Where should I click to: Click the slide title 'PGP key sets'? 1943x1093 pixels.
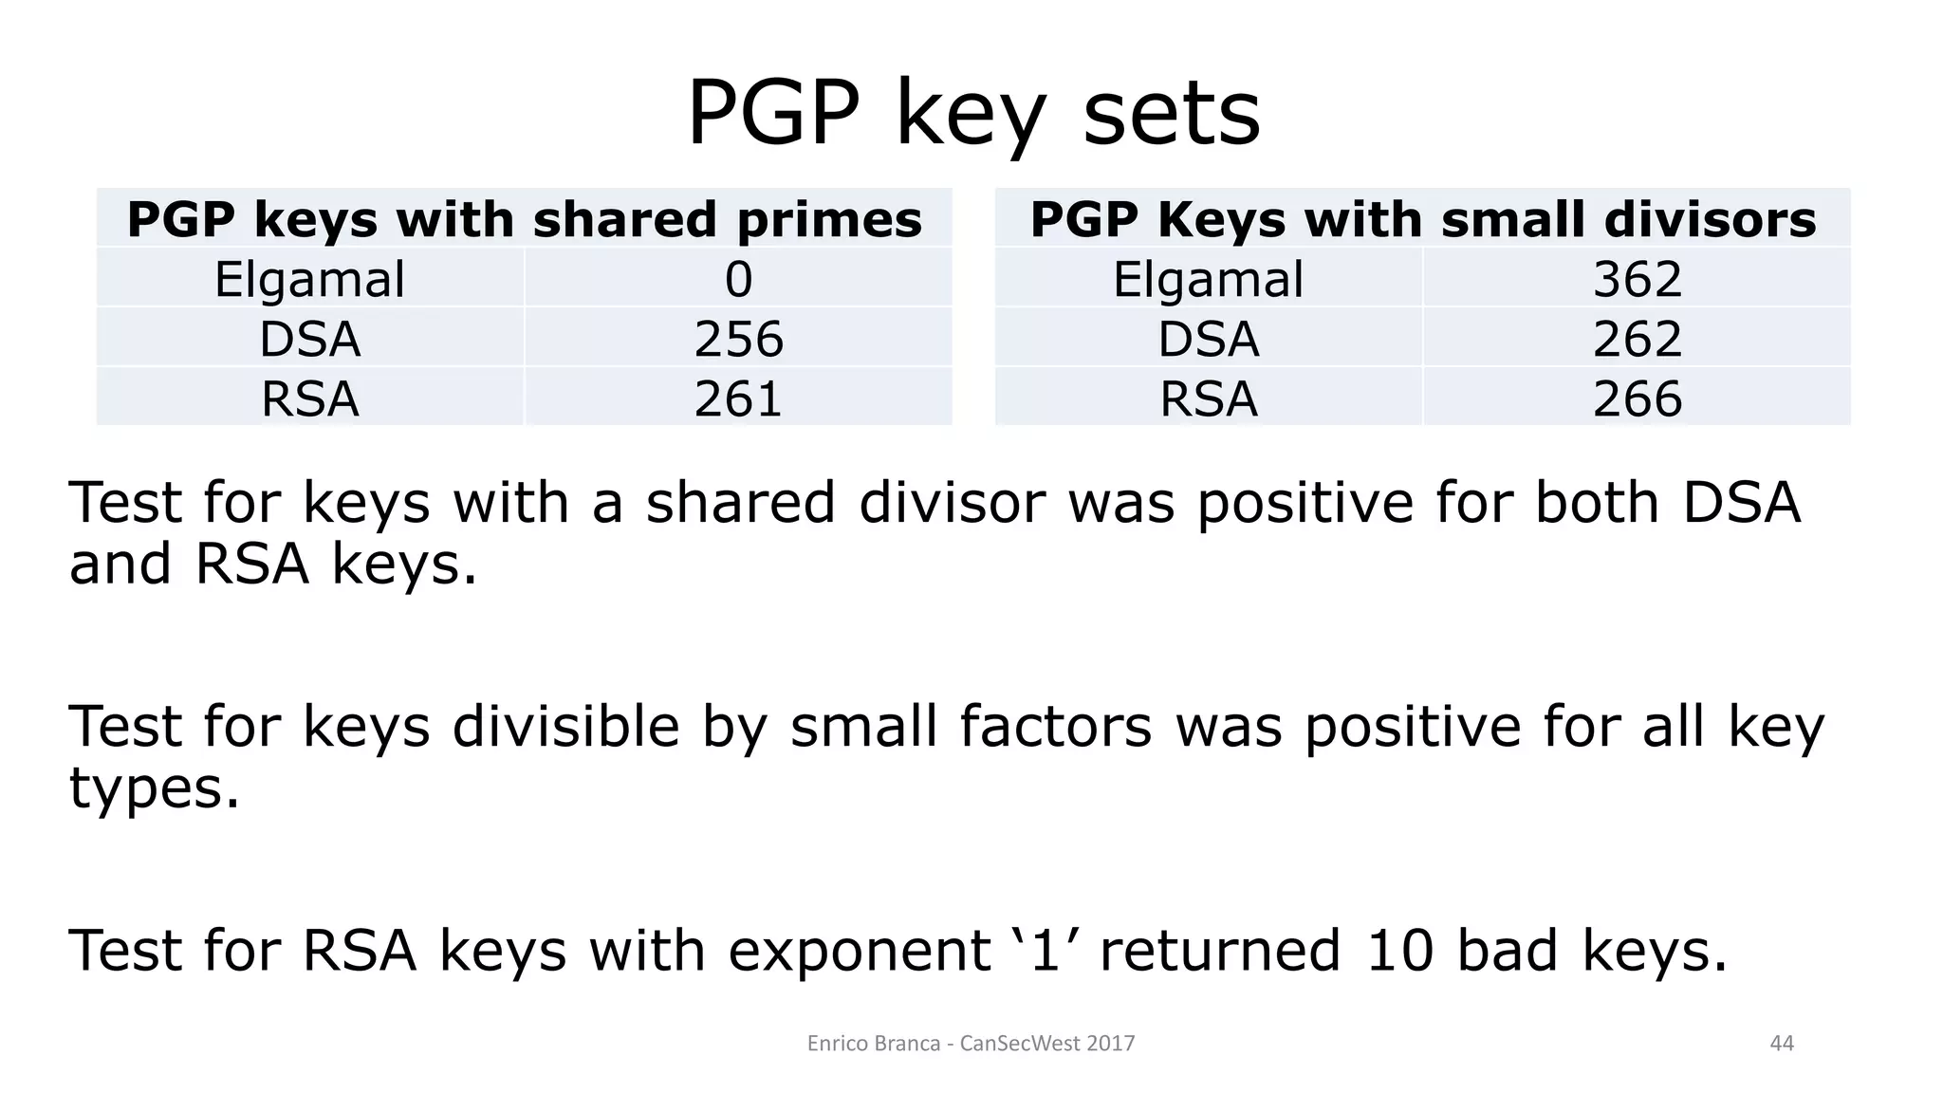coord(973,114)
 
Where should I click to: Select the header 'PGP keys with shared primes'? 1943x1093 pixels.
coord(524,219)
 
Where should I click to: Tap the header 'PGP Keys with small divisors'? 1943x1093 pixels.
coord(1422,219)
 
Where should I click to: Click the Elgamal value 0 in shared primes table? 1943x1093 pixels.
coord(738,279)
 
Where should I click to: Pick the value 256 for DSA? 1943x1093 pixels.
coord(738,339)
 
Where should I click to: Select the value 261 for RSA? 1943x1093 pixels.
coord(738,398)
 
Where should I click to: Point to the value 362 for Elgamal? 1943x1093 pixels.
coord(1637,279)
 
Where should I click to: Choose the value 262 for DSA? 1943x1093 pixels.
coord(1637,339)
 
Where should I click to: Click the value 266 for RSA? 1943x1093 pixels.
coord(1637,398)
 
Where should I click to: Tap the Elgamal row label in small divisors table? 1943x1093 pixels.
coord(1208,279)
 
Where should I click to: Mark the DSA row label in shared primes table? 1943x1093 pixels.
coord(309,339)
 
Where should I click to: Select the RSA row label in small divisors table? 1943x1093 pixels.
coord(1208,398)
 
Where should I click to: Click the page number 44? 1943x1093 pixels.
coord(1782,1044)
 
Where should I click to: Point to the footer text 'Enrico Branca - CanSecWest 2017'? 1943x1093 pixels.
coord(971,1044)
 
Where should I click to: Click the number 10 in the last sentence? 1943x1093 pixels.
coord(1399,950)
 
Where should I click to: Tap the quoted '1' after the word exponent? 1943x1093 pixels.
coord(1044,950)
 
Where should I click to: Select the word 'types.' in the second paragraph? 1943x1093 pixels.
coord(154,787)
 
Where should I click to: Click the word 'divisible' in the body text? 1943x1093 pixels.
coord(565,727)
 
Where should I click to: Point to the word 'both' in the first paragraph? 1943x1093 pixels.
coord(1596,502)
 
